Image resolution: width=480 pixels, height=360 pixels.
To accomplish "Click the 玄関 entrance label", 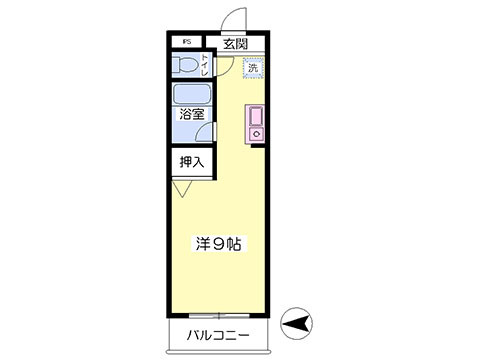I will (235, 44).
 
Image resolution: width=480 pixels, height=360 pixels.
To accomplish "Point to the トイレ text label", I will (207, 66).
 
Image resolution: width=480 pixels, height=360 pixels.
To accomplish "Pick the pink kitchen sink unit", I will (254, 123).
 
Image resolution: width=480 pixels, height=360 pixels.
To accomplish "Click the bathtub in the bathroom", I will (190, 97).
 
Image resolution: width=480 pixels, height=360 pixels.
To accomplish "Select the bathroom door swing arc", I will (220, 128).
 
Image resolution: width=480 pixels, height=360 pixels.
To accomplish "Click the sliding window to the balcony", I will (218, 313).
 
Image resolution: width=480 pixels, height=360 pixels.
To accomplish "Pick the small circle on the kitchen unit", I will (254, 131).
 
